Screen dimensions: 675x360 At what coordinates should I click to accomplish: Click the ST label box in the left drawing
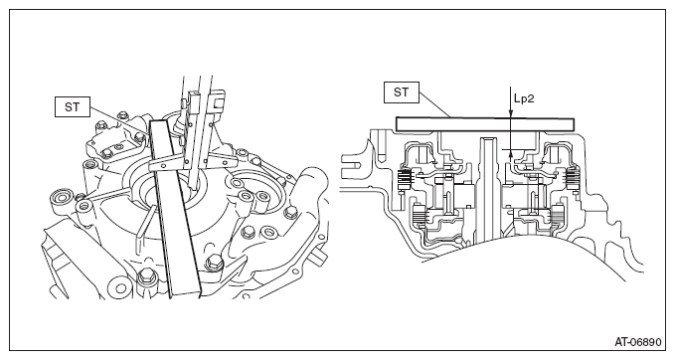(73, 106)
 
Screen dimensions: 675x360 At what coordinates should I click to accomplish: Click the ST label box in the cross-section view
(402, 93)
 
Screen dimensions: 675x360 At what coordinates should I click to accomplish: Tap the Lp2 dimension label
(524, 98)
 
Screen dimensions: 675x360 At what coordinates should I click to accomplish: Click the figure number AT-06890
(637, 342)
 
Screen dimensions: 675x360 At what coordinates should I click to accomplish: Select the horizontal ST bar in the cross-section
(485, 124)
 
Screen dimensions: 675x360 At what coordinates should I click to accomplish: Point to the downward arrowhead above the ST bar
(511, 113)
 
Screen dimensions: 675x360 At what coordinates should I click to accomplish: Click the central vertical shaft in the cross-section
(488, 190)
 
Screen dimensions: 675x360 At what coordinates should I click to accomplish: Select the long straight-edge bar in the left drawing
(176, 209)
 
